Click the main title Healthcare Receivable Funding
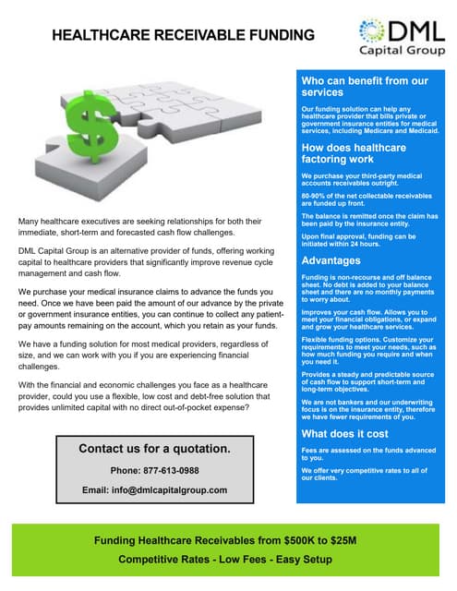(x=183, y=36)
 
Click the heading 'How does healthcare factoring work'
(x=355, y=153)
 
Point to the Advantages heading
(x=331, y=260)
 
